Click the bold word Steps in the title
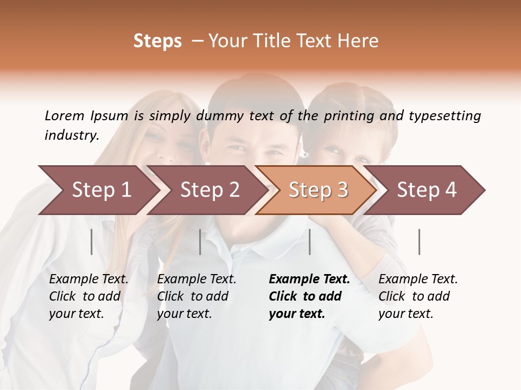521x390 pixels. point(157,41)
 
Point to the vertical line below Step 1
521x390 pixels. point(92,242)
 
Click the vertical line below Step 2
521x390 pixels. point(200,242)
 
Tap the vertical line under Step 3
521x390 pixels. point(309,242)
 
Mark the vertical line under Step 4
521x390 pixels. point(419,242)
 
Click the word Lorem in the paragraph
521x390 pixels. point(64,116)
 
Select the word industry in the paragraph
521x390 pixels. point(71,135)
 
